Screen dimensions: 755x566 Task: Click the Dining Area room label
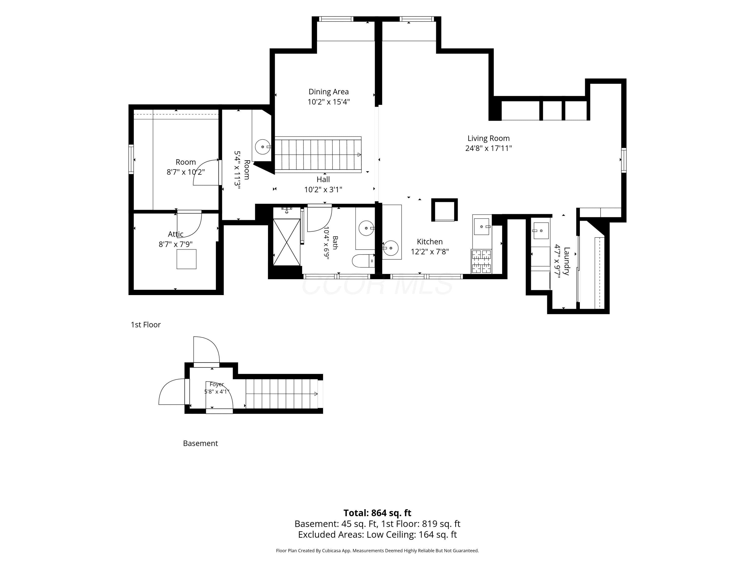tap(328, 92)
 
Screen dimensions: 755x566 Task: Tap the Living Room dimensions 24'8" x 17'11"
tap(488, 148)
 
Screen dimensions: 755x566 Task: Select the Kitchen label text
tap(430, 241)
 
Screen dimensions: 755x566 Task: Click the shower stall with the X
tap(287, 242)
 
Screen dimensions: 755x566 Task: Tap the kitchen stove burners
tap(481, 261)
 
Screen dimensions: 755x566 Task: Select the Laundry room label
tap(567, 261)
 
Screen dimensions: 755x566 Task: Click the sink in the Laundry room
tap(541, 231)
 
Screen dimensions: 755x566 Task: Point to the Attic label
tap(175, 234)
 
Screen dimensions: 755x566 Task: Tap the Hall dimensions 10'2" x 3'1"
tap(323, 190)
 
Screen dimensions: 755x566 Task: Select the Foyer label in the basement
tap(217, 384)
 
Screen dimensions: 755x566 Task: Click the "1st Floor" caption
tap(146, 325)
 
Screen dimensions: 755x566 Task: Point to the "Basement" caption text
tap(200, 443)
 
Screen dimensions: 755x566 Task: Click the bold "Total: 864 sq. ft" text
tap(377, 513)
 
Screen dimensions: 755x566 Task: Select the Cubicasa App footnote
tap(377, 551)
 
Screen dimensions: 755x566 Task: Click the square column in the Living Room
tap(444, 210)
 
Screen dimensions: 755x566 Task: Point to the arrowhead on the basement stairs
tap(316, 394)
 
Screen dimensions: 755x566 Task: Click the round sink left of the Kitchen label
tap(390, 248)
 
